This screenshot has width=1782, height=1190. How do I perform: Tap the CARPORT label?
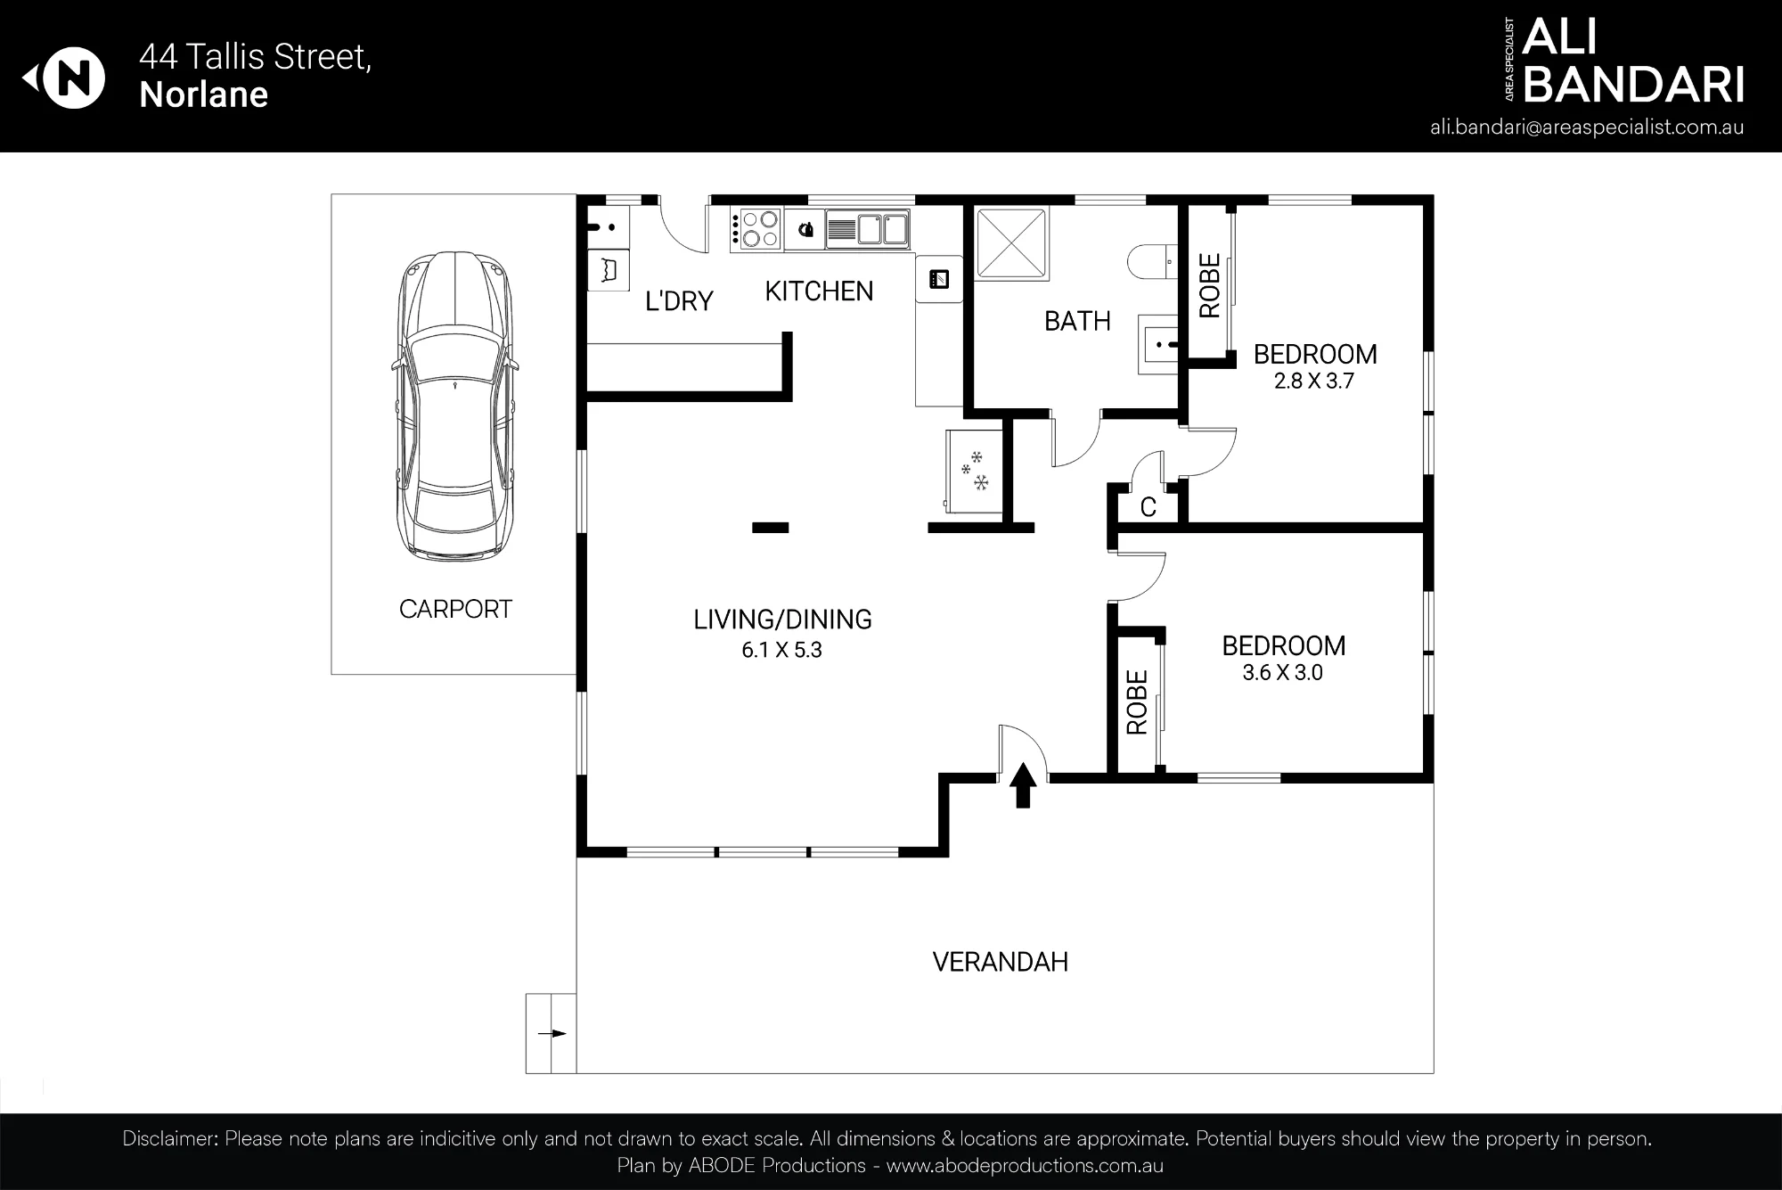click(x=455, y=609)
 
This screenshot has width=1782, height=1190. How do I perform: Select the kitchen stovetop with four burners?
click(x=756, y=228)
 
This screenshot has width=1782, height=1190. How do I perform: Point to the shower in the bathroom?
click(x=1011, y=242)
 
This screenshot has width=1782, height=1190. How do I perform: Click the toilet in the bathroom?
click(x=1153, y=262)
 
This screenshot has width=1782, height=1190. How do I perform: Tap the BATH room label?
click(x=1077, y=321)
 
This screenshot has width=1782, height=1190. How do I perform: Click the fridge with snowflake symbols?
click(x=974, y=471)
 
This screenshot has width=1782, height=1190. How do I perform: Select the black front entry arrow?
click(x=1023, y=785)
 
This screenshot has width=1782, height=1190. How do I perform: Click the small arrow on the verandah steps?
click(x=557, y=1033)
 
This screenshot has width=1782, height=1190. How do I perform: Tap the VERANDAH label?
click(x=1000, y=962)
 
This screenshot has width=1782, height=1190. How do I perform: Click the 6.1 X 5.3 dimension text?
click(x=781, y=650)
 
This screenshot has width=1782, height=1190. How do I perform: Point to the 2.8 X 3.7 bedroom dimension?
click(x=1314, y=382)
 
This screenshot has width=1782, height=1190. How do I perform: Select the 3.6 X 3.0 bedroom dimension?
click(x=1282, y=672)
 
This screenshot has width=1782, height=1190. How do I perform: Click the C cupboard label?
click(x=1148, y=507)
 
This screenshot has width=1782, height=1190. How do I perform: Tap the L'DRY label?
click(x=679, y=301)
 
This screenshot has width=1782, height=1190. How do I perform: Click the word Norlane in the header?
click(x=204, y=94)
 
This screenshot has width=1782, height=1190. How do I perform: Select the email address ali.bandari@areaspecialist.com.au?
click(x=1587, y=127)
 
